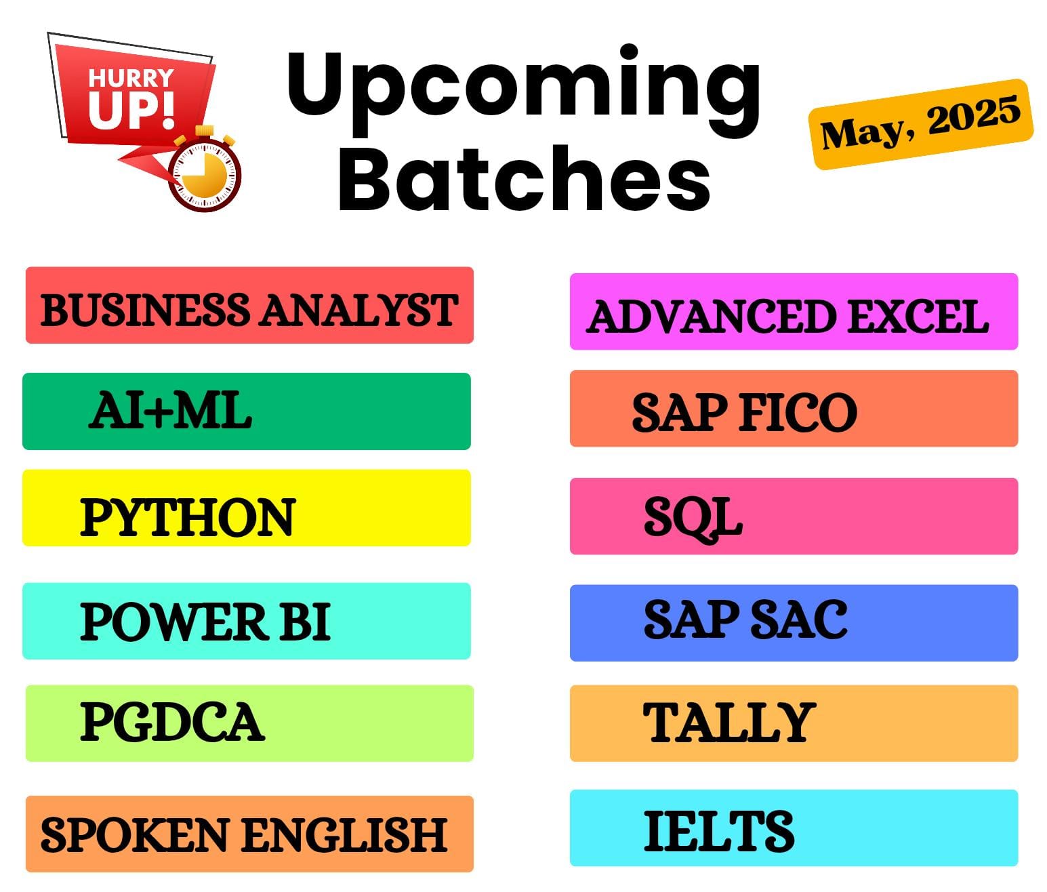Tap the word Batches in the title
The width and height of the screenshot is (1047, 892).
coord(525,178)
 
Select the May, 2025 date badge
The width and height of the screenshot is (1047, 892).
coord(920,124)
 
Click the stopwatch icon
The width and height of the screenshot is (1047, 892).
coord(205,169)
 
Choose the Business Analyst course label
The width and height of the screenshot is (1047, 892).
coord(249,310)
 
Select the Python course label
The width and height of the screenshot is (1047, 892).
coord(188,516)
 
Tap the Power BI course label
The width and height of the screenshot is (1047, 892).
coord(205,622)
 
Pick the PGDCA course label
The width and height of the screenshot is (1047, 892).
coord(172,722)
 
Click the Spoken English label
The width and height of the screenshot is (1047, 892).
coord(244,835)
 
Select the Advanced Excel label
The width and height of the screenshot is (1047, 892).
coord(787,316)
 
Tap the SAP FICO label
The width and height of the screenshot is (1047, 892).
coord(745,413)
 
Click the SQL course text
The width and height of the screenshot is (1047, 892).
coord(693,518)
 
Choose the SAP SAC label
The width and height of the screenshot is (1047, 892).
coord(745,619)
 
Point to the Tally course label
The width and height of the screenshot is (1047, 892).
coord(729,722)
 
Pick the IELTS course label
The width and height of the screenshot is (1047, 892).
coord(719,831)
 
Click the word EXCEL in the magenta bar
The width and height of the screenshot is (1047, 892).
coord(918,316)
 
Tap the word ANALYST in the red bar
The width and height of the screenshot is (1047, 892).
coord(359,310)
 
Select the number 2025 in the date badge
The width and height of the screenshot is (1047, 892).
coord(974,115)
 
